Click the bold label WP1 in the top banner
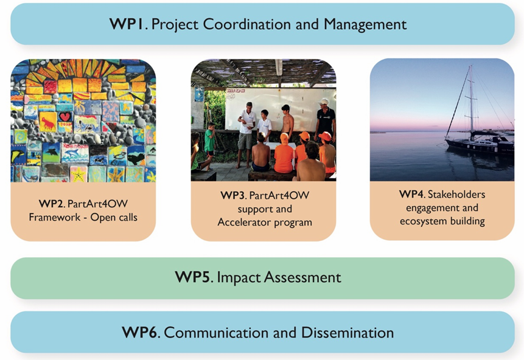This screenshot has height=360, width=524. [127, 24]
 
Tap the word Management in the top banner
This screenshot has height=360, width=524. [365, 24]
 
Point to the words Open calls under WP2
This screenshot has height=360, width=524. [114, 217]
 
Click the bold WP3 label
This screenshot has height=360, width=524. [232, 195]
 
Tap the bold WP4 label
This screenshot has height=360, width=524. [411, 194]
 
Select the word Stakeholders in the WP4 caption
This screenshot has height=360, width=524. [456, 194]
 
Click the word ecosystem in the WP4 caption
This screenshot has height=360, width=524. [423, 221]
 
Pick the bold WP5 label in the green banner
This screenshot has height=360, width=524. [192, 277]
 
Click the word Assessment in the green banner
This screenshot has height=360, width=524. [302, 277]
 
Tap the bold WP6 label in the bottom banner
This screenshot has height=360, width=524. [139, 332]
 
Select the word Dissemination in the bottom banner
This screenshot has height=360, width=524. [348, 332]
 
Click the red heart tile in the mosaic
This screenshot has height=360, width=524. [65, 117]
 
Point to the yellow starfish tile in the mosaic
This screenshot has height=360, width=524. [79, 175]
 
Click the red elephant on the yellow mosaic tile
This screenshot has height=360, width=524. [48, 123]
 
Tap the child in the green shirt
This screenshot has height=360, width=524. [209, 144]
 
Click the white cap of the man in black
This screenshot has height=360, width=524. [323, 102]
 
